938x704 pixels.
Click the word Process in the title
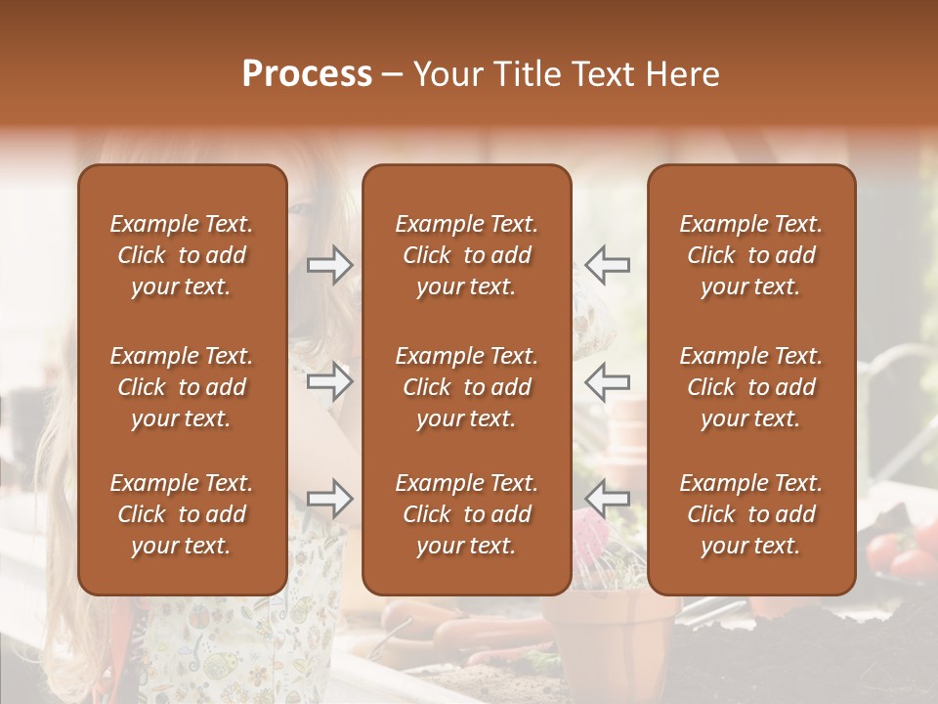pos(307,74)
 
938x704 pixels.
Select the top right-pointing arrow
pos(329,265)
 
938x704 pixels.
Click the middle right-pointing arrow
pos(329,381)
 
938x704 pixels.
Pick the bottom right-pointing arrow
pos(329,499)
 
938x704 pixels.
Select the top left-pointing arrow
pos(607,265)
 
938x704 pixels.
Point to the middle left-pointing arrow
pos(607,381)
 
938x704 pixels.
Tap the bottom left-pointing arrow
pos(607,499)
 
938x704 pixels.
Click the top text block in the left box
pos(182,255)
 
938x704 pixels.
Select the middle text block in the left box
pos(182,387)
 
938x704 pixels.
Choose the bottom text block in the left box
pos(182,514)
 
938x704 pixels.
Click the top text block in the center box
pos(466,255)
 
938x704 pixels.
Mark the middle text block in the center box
pos(466,387)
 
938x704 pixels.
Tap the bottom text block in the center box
pos(466,514)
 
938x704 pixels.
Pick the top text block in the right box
pos(750,255)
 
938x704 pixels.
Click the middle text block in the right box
pos(750,387)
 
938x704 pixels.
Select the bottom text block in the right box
pos(750,514)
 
